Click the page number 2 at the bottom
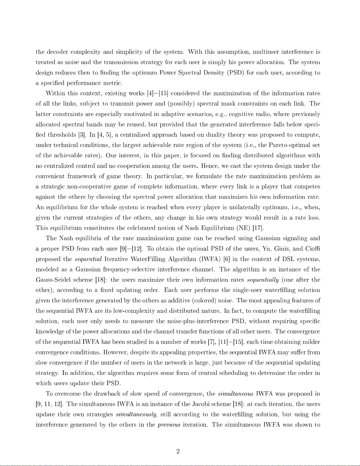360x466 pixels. pyautogui.click(x=178, y=451)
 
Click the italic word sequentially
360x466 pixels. pyautogui.click(x=263, y=280)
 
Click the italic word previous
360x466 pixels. pyautogui.click(x=169, y=425)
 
